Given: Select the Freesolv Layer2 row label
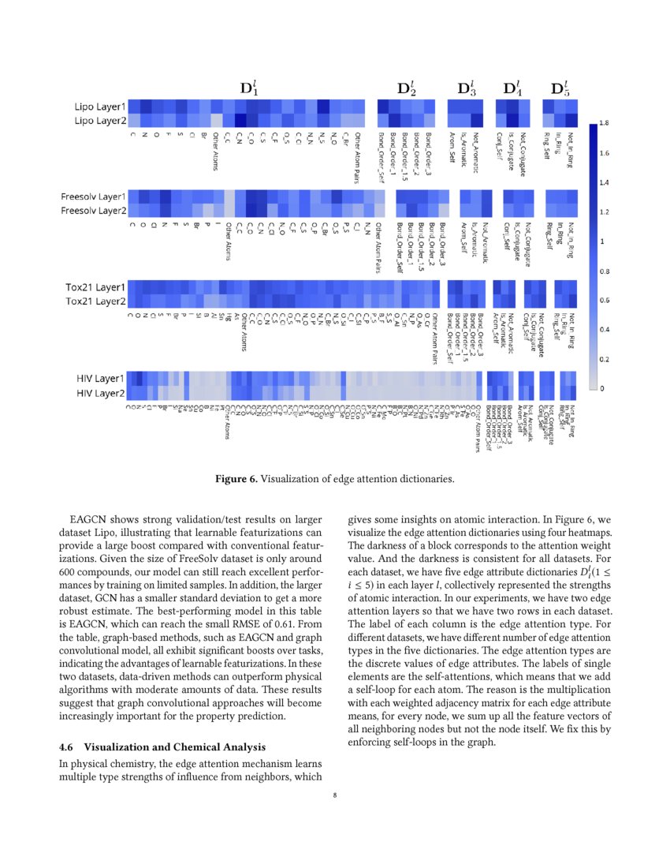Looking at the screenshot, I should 94,211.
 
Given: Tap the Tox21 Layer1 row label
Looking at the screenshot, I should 95,287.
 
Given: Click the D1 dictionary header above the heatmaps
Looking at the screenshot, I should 248,88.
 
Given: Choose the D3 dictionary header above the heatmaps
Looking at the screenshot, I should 467,88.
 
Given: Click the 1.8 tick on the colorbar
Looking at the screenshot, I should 604,124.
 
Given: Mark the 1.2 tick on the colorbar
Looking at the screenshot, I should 604,212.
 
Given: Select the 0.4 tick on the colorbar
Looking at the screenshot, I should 604,330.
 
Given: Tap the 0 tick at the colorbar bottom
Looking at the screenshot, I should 601,388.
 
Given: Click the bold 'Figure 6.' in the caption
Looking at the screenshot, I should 236,478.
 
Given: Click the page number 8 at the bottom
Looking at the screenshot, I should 335,795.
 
